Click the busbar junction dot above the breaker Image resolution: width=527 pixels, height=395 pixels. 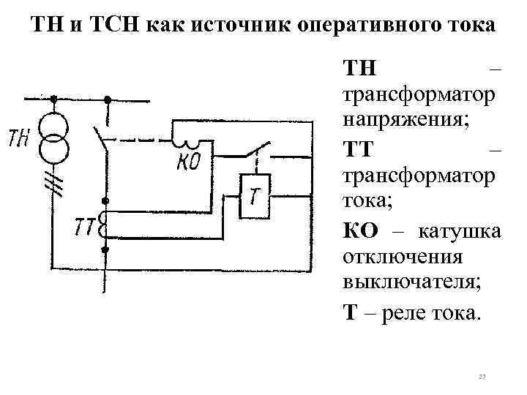point(107,99)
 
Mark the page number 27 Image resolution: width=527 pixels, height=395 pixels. point(482,376)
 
